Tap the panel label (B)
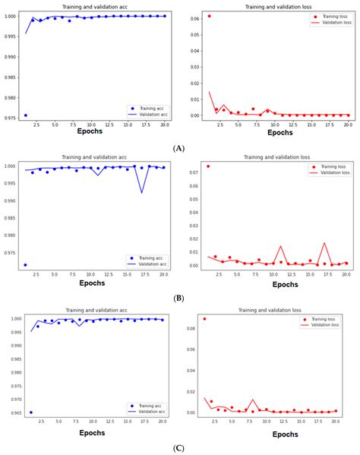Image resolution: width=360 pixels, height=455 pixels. pyautogui.click(x=179, y=299)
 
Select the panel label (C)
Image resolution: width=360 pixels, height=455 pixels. pyautogui.click(x=179, y=448)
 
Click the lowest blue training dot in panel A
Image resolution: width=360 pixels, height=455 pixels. pyautogui.click(x=26, y=115)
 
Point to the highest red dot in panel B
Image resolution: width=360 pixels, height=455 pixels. pyautogui.click(x=209, y=166)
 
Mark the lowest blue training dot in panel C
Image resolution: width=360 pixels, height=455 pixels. pyautogui.click(x=30, y=412)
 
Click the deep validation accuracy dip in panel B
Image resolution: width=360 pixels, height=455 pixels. pyautogui.click(x=142, y=192)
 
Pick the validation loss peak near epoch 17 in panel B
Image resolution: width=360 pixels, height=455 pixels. pyautogui.click(x=324, y=243)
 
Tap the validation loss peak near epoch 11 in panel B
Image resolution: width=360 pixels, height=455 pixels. pyautogui.click(x=281, y=246)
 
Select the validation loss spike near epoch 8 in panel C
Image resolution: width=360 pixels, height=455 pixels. pyautogui.click(x=254, y=400)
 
